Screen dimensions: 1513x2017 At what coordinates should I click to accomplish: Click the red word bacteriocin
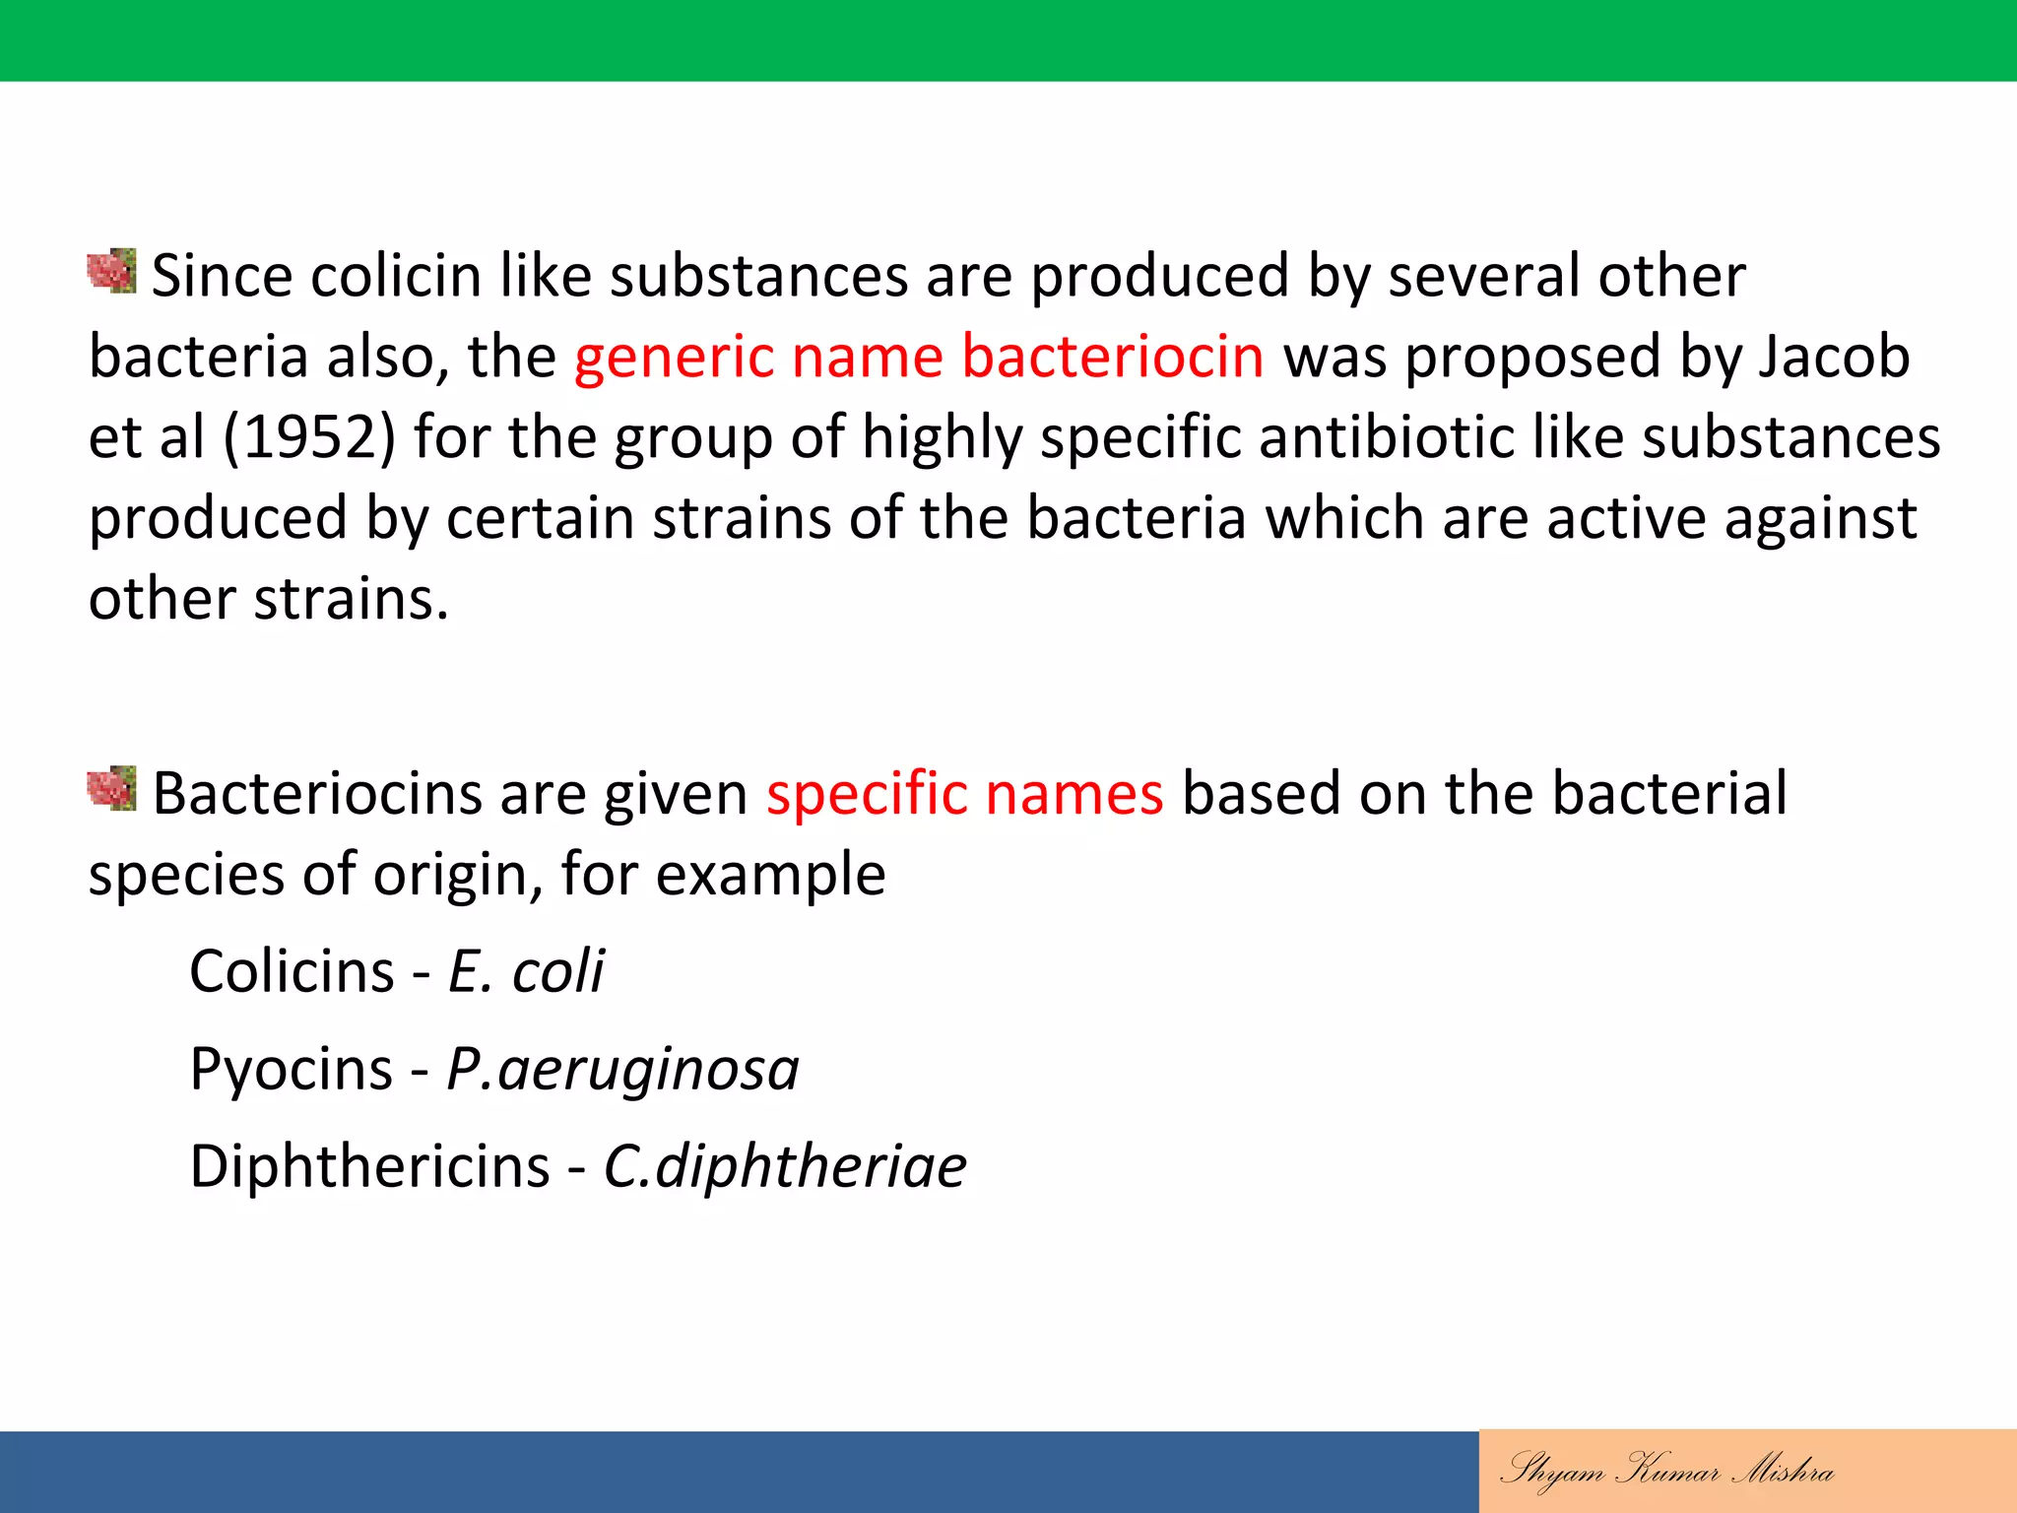coord(1112,356)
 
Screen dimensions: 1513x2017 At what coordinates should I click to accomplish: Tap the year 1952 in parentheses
coord(309,437)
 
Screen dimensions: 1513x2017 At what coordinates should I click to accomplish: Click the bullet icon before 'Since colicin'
coord(111,271)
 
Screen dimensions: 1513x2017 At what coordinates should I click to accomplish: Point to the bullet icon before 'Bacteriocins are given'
coord(111,788)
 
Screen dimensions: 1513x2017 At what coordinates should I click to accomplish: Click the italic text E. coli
coord(526,971)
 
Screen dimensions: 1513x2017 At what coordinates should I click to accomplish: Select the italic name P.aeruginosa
coord(622,1069)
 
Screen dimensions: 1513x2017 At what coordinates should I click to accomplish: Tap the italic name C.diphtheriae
coord(785,1166)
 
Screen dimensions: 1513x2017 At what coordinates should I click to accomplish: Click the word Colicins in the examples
coord(292,971)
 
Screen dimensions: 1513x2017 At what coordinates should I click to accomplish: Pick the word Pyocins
coord(292,1069)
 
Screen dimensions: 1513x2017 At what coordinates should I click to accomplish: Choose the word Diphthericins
coord(369,1166)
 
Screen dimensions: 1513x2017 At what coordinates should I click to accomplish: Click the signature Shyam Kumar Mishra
coord(1666,1471)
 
